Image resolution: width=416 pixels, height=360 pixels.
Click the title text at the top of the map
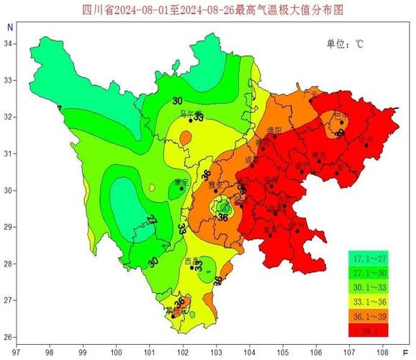pos(209,9)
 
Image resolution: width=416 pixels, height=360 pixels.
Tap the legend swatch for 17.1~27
pos(368,259)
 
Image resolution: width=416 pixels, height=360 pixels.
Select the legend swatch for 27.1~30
pos(368,274)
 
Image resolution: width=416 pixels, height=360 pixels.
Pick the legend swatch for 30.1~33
pos(368,287)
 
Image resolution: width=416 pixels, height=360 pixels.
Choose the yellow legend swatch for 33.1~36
pos(368,302)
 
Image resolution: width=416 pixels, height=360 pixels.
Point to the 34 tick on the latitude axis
pos(7,44)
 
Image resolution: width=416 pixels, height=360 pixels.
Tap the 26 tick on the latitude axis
pos(7,337)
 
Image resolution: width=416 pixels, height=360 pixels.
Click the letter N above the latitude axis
pos(9,27)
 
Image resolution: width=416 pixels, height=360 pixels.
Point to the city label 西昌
pos(191,260)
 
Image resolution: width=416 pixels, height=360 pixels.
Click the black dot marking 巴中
pos(342,123)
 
